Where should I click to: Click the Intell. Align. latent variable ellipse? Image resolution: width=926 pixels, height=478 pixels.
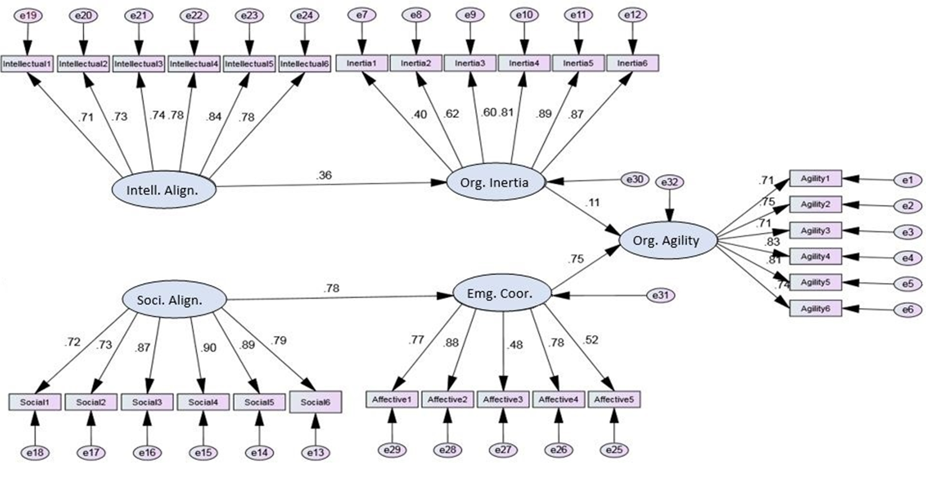point(163,190)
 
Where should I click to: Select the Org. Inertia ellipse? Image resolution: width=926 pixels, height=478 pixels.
point(495,182)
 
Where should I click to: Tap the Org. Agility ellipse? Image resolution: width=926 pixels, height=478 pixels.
point(666,241)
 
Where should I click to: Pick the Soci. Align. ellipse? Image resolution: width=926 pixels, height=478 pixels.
point(173,300)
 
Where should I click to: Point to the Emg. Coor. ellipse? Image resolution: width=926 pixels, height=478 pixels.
point(501,294)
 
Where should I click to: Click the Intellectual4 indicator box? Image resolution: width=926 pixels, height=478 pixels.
point(194,64)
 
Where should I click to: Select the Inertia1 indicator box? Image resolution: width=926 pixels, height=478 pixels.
point(362,63)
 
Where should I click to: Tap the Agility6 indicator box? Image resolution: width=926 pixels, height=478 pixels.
point(815,308)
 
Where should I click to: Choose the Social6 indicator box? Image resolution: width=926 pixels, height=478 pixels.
point(315,402)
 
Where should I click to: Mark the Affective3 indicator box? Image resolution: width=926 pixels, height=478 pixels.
point(503,400)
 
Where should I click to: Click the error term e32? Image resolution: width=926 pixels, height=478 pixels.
point(669,182)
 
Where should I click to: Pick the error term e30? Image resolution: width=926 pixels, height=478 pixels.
point(634,179)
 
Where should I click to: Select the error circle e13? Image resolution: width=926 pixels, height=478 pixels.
point(315,452)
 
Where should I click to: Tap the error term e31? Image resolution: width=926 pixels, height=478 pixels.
point(660,295)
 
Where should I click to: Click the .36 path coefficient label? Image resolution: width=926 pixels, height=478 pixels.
point(324,175)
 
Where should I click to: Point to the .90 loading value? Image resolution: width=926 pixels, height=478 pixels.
point(208,348)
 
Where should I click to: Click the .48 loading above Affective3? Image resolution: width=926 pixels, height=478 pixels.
point(515,345)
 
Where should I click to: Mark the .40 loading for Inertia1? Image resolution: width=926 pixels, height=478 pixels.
point(419,114)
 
